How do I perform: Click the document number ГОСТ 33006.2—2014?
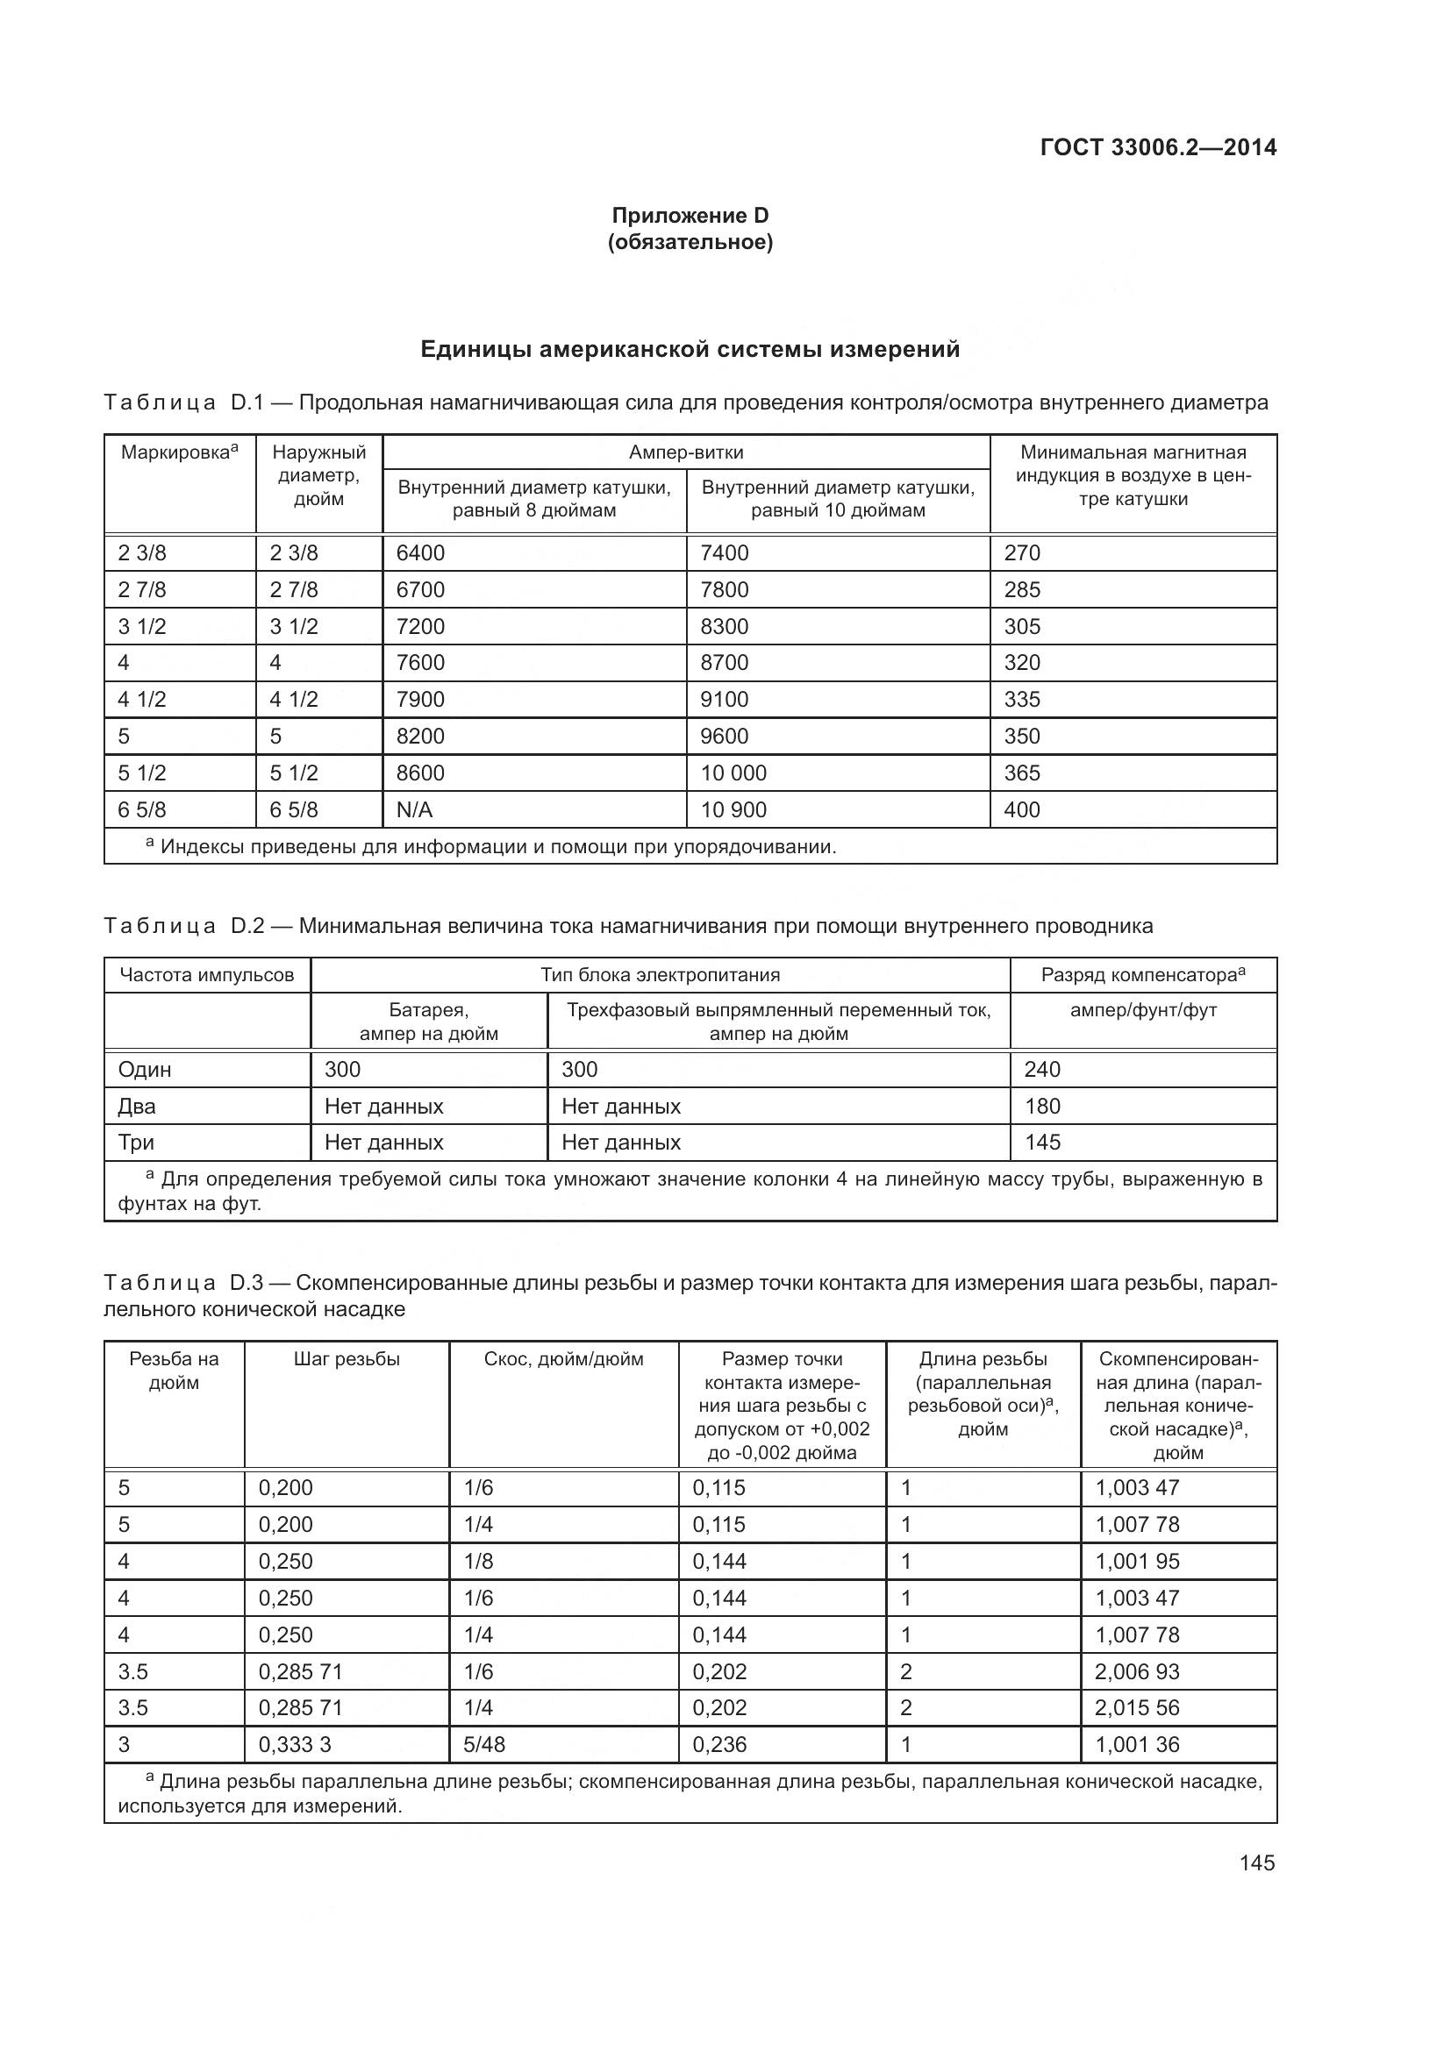pyautogui.click(x=1158, y=147)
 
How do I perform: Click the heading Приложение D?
pyautogui.click(x=690, y=216)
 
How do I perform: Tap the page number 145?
pyautogui.click(x=1257, y=1863)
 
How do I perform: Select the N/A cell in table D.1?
pyautogui.click(x=415, y=810)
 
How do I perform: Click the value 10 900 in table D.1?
pyautogui.click(x=733, y=810)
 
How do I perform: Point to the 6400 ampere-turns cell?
pyautogui.click(x=421, y=553)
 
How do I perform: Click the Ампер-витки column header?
pyautogui.click(x=685, y=452)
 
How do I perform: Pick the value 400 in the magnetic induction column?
pyautogui.click(x=1022, y=810)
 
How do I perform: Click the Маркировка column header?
pyautogui.click(x=180, y=452)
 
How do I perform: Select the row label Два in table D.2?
pyautogui.click(x=137, y=1106)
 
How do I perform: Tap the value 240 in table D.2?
pyautogui.click(x=1042, y=1069)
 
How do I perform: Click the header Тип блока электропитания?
pyautogui.click(x=660, y=974)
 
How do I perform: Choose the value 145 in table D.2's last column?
pyautogui.click(x=1042, y=1143)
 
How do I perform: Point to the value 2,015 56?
pyautogui.click(x=1136, y=1708)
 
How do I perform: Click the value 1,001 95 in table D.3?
pyautogui.click(x=1136, y=1562)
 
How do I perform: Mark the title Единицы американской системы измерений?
pyautogui.click(x=690, y=349)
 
